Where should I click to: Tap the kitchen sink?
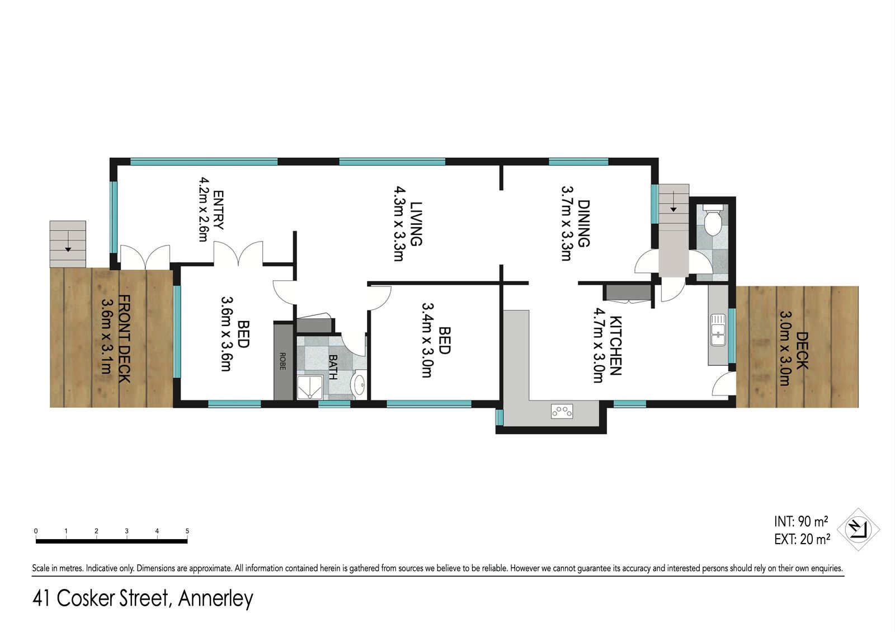point(718,330)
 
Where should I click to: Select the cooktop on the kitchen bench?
point(562,411)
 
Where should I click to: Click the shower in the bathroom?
point(310,387)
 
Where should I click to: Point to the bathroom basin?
point(359,384)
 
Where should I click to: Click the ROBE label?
point(282,361)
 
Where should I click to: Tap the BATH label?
point(333,367)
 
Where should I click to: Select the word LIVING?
point(416,224)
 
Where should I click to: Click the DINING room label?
point(584,224)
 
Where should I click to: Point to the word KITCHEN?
point(615,346)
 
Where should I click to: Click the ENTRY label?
point(218,210)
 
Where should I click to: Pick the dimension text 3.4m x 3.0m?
point(427,340)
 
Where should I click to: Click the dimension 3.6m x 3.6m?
point(227,334)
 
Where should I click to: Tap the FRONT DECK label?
point(125,339)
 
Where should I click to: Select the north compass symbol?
point(858,530)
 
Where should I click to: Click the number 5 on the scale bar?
point(187,531)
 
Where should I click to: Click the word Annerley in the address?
point(216,599)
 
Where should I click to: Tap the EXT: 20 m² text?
point(802,539)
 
